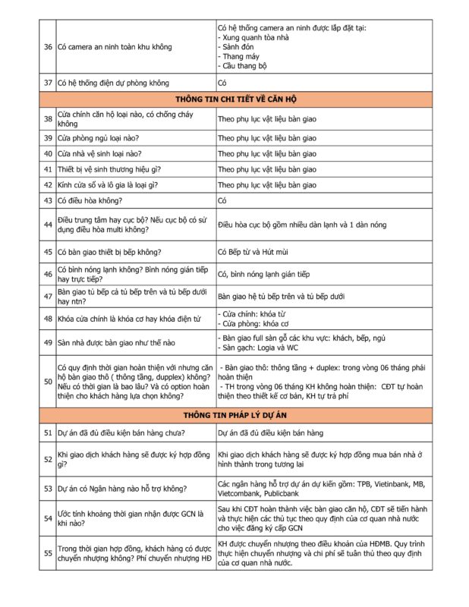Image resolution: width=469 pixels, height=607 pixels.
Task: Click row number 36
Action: click(x=48, y=47)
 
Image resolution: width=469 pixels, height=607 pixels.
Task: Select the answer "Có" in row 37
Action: click(x=222, y=83)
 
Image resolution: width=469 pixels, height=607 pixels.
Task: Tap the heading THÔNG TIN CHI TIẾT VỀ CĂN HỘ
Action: click(x=234, y=99)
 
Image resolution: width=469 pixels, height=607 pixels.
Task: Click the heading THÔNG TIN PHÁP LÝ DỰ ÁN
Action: click(x=234, y=415)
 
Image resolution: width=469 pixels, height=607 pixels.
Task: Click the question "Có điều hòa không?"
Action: click(x=90, y=200)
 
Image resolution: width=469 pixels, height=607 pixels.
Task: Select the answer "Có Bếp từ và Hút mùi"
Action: click(x=256, y=251)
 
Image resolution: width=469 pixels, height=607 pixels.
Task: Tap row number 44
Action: click(x=48, y=225)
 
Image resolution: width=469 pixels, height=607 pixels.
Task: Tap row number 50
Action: click(x=48, y=380)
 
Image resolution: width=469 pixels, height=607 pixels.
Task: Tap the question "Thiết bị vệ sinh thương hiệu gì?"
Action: click(x=109, y=169)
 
